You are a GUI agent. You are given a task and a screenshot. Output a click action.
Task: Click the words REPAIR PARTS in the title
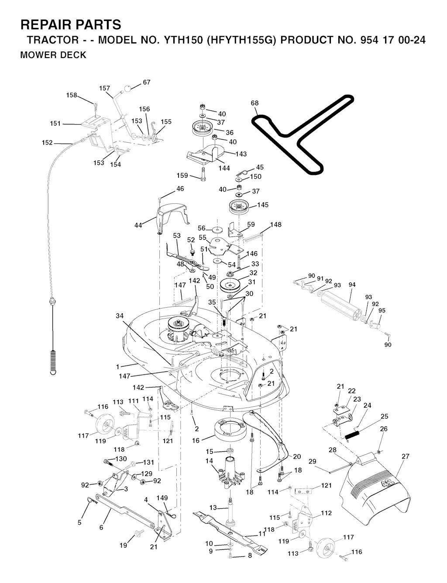click(x=71, y=24)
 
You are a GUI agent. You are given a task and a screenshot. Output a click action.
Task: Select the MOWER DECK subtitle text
click(x=53, y=55)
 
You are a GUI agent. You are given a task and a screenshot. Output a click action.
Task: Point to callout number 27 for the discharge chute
click(x=406, y=456)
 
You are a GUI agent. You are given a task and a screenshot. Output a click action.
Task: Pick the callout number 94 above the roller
click(x=352, y=285)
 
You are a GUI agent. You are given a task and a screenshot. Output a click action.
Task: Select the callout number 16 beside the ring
click(x=196, y=441)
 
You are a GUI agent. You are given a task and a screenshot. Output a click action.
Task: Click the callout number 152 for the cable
click(x=47, y=143)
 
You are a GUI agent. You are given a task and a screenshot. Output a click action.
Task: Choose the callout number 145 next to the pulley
click(x=263, y=205)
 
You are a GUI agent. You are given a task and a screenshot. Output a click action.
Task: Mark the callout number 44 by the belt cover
click(x=138, y=225)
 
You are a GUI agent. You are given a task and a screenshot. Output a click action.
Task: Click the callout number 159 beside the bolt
click(x=182, y=176)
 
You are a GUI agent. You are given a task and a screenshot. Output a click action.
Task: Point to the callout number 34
click(x=120, y=316)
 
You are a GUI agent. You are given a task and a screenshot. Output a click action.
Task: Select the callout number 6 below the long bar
click(x=101, y=528)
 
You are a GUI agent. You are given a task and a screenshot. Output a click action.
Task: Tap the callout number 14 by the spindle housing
click(x=209, y=461)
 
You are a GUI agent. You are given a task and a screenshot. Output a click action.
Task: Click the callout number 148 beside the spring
click(x=276, y=225)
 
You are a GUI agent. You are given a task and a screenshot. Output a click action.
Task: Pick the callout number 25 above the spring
click(x=384, y=416)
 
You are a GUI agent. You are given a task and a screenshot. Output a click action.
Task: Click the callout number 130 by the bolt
click(x=121, y=459)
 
